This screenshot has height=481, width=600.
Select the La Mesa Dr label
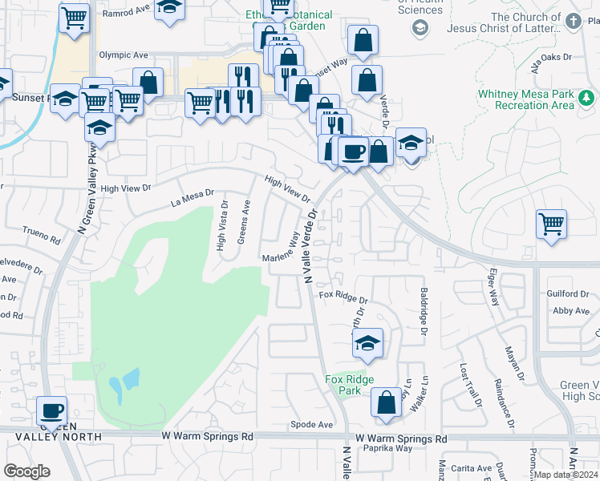click(193, 192)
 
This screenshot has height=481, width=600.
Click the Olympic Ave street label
click(124, 55)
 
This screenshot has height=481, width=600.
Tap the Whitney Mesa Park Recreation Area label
click(525, 99)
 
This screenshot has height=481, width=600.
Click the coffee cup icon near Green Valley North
click(53, 410)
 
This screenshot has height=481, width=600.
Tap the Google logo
click(26, 471)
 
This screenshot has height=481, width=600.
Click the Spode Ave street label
click(311, 424)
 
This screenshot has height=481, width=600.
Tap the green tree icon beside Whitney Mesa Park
click(588, 99)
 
